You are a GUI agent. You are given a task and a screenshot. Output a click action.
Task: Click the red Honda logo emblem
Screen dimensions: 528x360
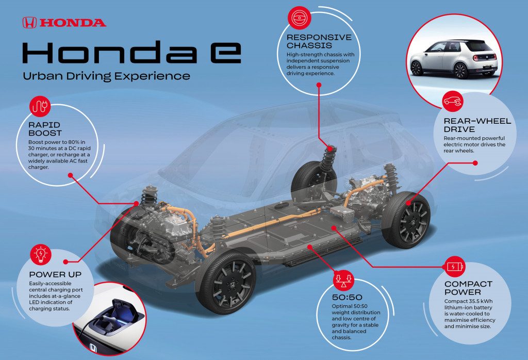(x=29, y=23)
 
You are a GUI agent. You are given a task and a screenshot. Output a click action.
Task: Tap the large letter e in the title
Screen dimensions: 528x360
(x=226, y=53)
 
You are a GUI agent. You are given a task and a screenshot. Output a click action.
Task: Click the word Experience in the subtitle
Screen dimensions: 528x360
(x=152, y=76)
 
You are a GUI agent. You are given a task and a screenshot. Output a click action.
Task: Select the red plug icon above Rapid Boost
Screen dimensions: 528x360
(x=40, y=106)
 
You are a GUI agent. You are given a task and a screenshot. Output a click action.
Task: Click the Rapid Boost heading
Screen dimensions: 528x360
(x=45, y=129)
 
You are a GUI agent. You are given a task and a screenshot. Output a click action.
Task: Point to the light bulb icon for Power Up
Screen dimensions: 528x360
(x=40, y=254)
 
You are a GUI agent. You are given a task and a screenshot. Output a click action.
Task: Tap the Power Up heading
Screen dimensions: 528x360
(x=55, y=274)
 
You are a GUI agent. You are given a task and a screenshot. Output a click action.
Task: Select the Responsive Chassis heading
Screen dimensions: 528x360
(x=319, y=41)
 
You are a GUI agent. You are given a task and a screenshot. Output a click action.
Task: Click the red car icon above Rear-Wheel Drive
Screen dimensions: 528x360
(x=453, y=101)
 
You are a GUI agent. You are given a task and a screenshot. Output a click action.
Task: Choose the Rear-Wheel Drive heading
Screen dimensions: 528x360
(x=477, y=125)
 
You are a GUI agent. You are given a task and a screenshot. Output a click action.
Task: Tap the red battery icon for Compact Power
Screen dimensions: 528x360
(x=455, y=267)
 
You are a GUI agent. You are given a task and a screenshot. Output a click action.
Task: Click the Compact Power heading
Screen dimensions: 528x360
(x=468, y=288)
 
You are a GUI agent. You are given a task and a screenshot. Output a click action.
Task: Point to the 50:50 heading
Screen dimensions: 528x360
(x=347, y=298)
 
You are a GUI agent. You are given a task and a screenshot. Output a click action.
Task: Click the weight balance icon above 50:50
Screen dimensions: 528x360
(x=343, y=280)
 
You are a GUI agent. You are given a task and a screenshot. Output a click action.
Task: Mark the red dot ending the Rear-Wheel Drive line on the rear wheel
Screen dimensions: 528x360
(x=408, y=203)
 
